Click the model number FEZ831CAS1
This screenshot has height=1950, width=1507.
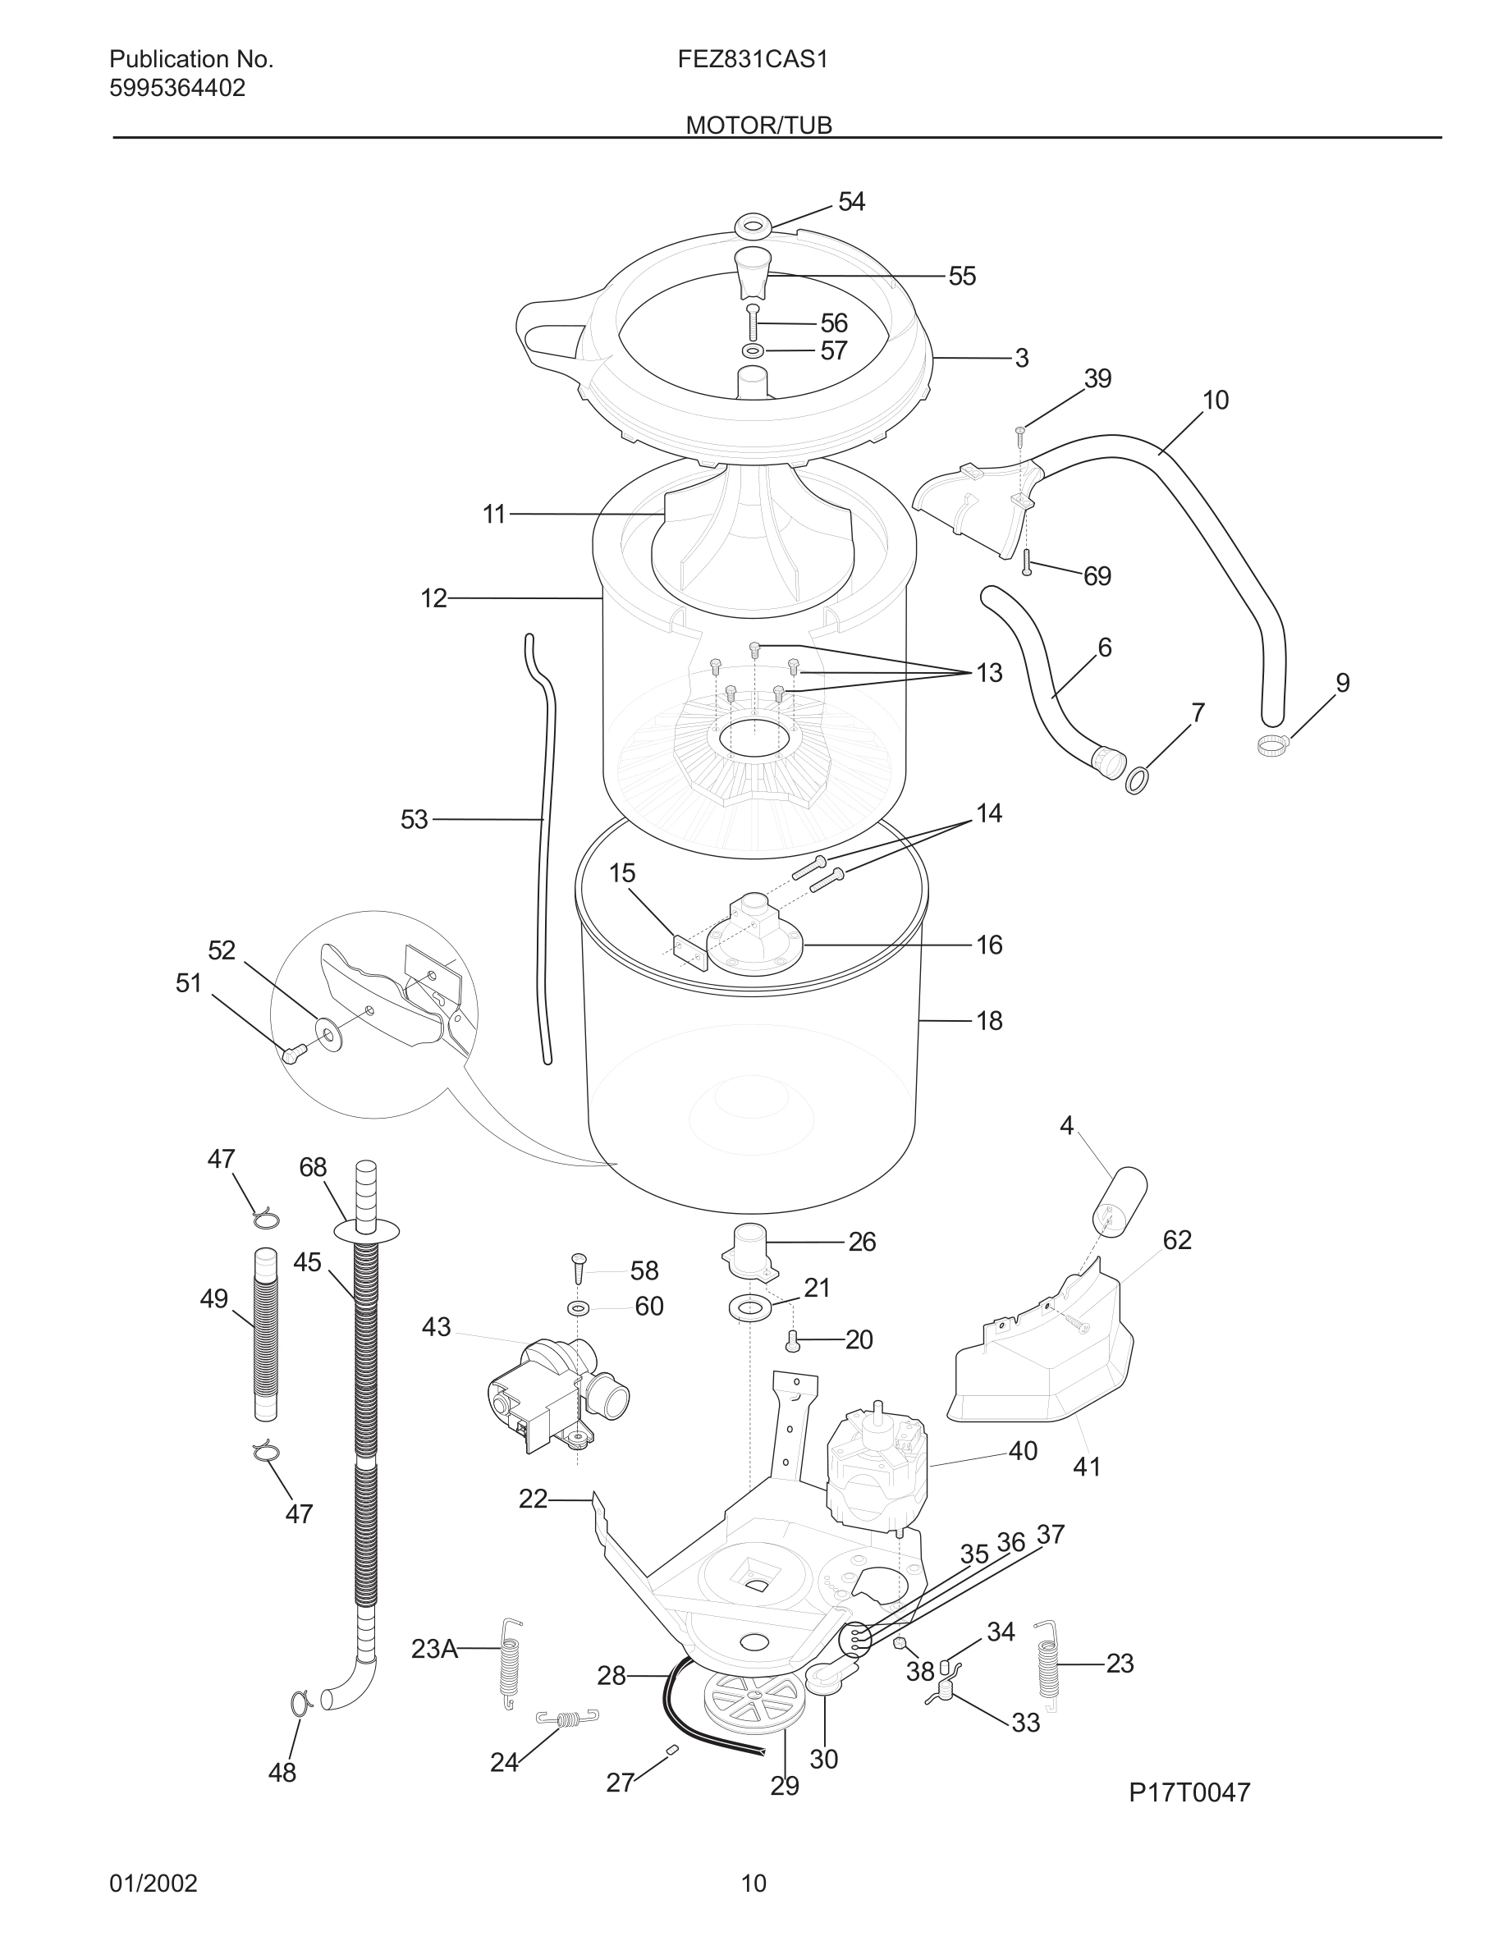(x=753, y=60)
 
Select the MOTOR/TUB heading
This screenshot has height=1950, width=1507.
(x=758, y=125)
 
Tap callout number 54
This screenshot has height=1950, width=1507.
(x=851, y=202)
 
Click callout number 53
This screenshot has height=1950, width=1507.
(x=415, y=819)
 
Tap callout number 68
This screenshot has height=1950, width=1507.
(x=313, y=1167)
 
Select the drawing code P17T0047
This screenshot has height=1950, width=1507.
(x=1189, y=1792)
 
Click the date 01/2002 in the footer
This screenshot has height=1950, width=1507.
(x=153, y=1883)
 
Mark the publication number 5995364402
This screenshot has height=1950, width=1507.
(x=176, y=89)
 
